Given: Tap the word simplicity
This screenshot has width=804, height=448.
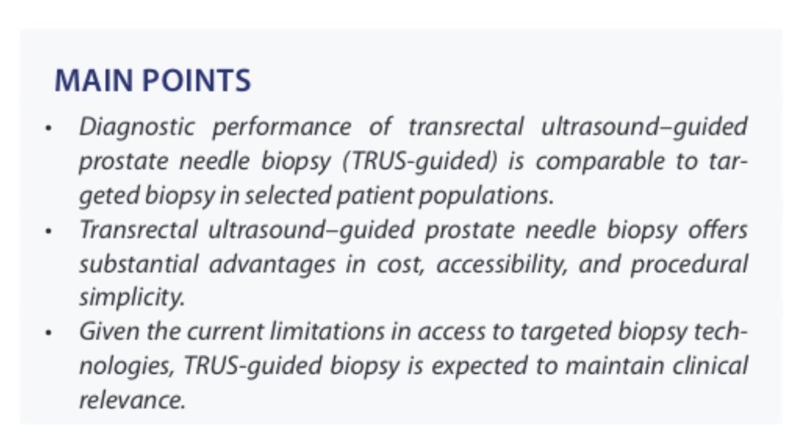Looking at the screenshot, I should (x=131, y=298).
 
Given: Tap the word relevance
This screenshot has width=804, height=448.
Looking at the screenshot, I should (x=131, y=400).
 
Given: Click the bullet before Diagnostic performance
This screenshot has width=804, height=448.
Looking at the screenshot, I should (x=48, y=128).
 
